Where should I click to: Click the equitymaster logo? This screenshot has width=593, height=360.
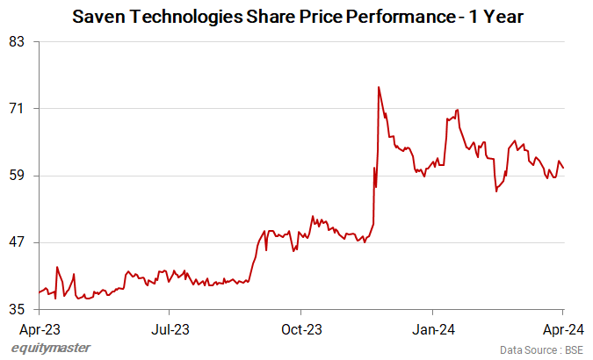click(x=50, y=349)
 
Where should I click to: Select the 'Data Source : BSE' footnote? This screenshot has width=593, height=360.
click(x=541, y=349)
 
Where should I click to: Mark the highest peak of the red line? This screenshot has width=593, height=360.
click(x=378, y=87)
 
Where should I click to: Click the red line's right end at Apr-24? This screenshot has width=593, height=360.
click(x=563, y=168)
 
